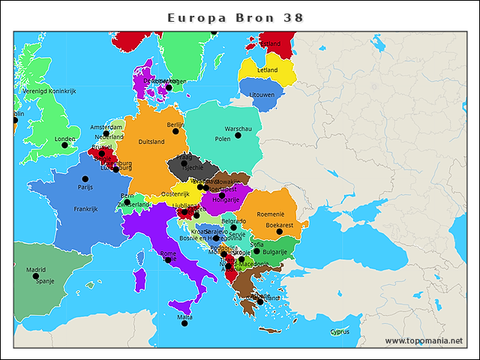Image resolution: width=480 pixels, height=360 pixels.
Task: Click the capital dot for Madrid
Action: pos(36,276)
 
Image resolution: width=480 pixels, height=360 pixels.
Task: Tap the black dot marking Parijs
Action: pos(85,178)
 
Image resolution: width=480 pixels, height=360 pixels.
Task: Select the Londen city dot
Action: pos(64,145)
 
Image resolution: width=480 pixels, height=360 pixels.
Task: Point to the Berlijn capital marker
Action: pos(175,131)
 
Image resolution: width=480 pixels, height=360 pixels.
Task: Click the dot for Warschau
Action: pos(238,136)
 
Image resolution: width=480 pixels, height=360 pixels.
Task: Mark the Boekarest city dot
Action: pos(279,232)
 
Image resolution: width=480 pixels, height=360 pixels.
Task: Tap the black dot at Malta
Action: pos(184,323)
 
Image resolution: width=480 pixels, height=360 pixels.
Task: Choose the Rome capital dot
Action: pos(168,259)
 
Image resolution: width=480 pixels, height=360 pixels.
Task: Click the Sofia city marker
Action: pos(256,251)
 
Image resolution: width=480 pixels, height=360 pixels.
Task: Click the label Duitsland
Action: pos(151,142)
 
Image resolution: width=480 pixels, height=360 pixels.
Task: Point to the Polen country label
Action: pos(223,139)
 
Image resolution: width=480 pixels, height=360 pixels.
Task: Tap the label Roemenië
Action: pos(271,214)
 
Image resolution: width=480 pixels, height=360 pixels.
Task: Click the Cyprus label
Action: pos(340,331)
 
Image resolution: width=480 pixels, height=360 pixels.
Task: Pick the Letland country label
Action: pos(267,70)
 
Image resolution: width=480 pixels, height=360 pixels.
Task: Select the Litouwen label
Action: pos(262,95)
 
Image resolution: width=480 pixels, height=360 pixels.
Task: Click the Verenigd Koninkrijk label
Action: pos(49,91)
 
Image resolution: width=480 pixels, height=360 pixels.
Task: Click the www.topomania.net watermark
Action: pos(424,341)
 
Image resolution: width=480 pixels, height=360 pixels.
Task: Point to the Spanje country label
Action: pos(45,281)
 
